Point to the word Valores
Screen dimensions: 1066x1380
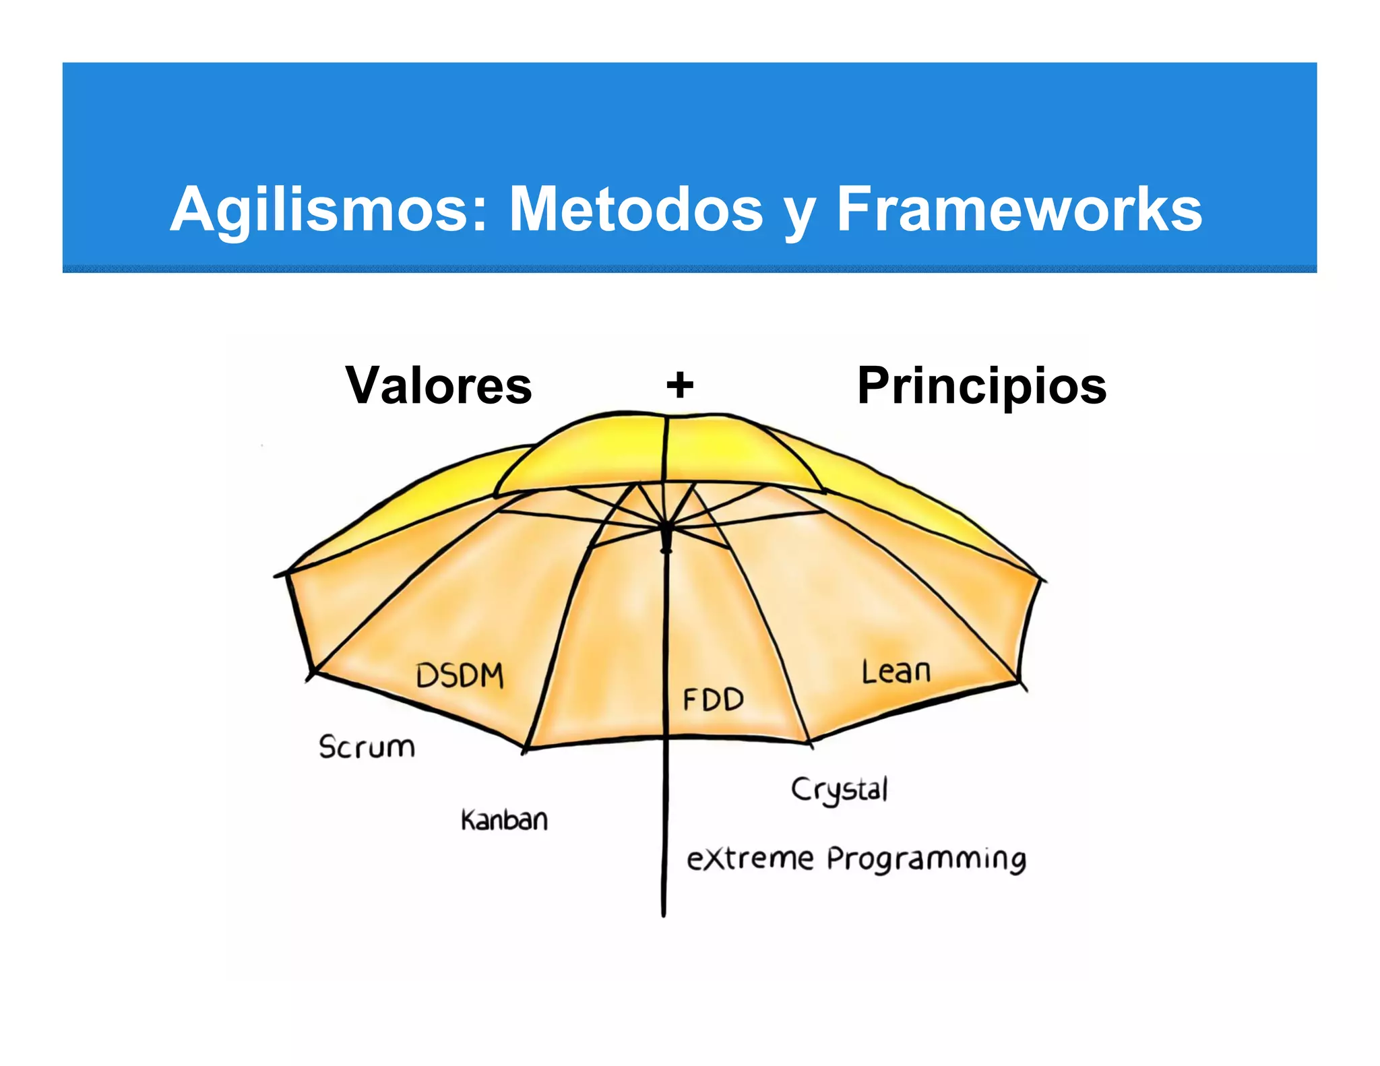point(439,385)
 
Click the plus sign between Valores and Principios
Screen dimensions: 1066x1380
point(680,385)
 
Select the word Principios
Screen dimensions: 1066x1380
point(982,387)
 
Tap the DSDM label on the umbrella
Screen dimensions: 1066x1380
point(460,675)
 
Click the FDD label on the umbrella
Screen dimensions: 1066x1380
point(713,699)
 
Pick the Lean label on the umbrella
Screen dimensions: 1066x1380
point(896,672)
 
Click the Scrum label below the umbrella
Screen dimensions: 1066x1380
point(367,747)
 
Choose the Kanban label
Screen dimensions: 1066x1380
point(504,820)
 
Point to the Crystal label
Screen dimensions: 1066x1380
point(840,790)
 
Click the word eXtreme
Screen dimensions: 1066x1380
point(750,859)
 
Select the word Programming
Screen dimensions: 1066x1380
point(927,860)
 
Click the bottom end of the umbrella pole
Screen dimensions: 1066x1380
point(664,913)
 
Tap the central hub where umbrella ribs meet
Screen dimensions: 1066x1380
point(666,529)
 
